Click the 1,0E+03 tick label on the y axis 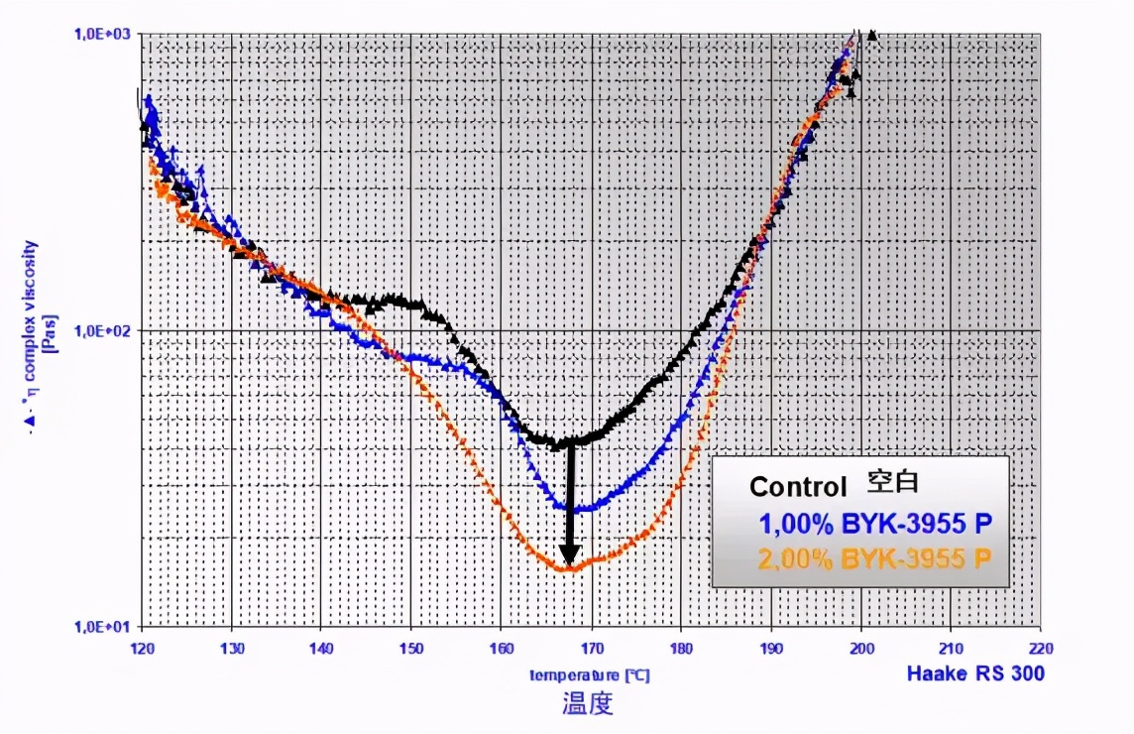click(104, 33)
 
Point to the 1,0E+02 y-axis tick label click(104, 329)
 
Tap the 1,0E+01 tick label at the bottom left click(104, 626)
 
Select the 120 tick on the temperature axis click(143, 645)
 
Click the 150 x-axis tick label click(411, 645)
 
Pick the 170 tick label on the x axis click(591, 645)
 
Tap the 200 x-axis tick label click(860, 645)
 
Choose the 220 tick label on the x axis click(1040, 645)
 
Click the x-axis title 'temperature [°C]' click(589, 674)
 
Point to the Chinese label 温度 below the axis click(588, 705)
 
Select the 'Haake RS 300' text click(975, 674)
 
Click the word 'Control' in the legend click(798, 487)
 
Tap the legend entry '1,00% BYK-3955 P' click(875, 524)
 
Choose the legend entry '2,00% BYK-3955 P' click(875, 558)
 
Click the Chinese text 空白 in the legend click(893, 483)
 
